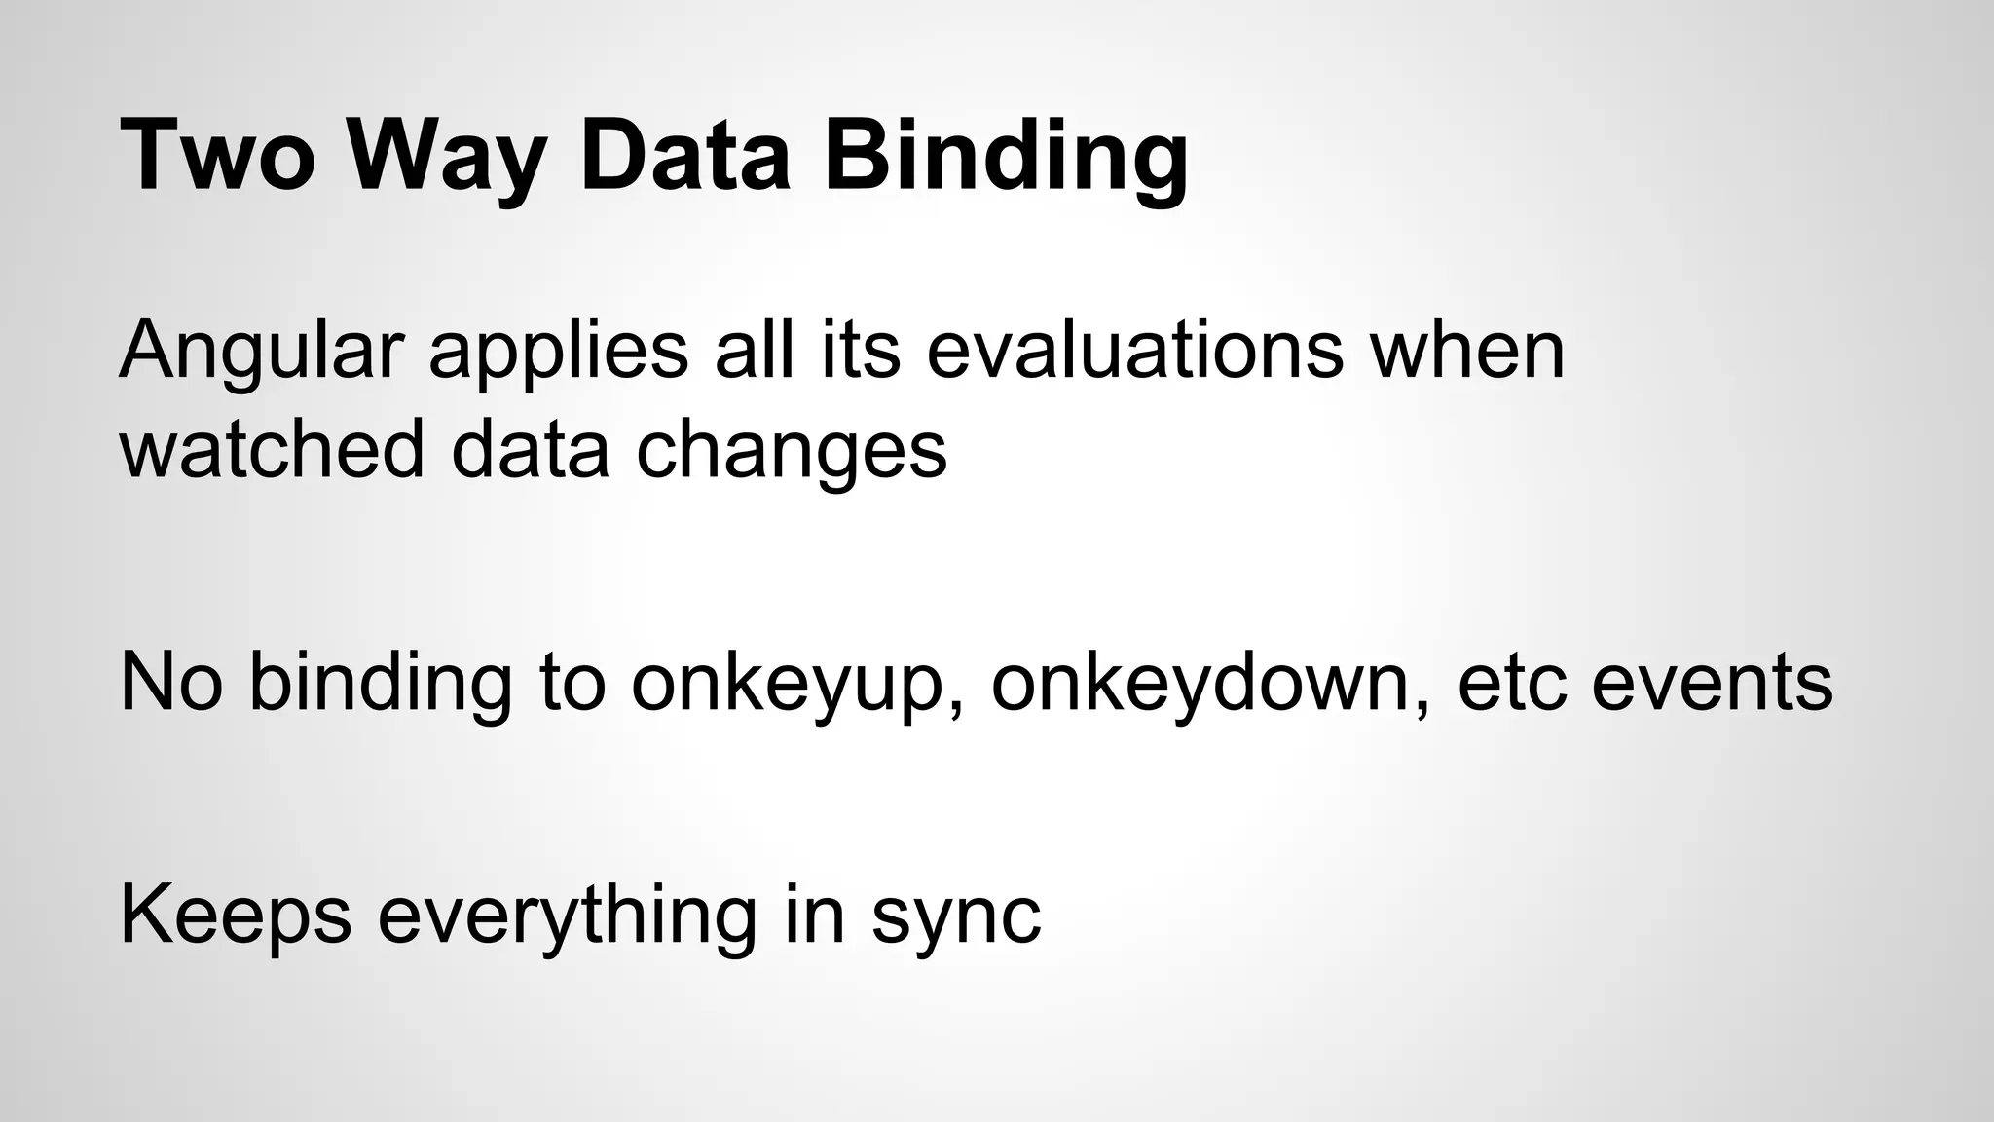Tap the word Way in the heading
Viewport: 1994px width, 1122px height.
click(x=447, y=156)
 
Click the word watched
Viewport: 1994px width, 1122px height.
click(x=272, y=450)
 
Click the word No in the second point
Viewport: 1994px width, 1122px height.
click(x=170, y=682)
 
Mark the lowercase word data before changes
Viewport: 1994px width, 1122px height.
click(x=531, y=450)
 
